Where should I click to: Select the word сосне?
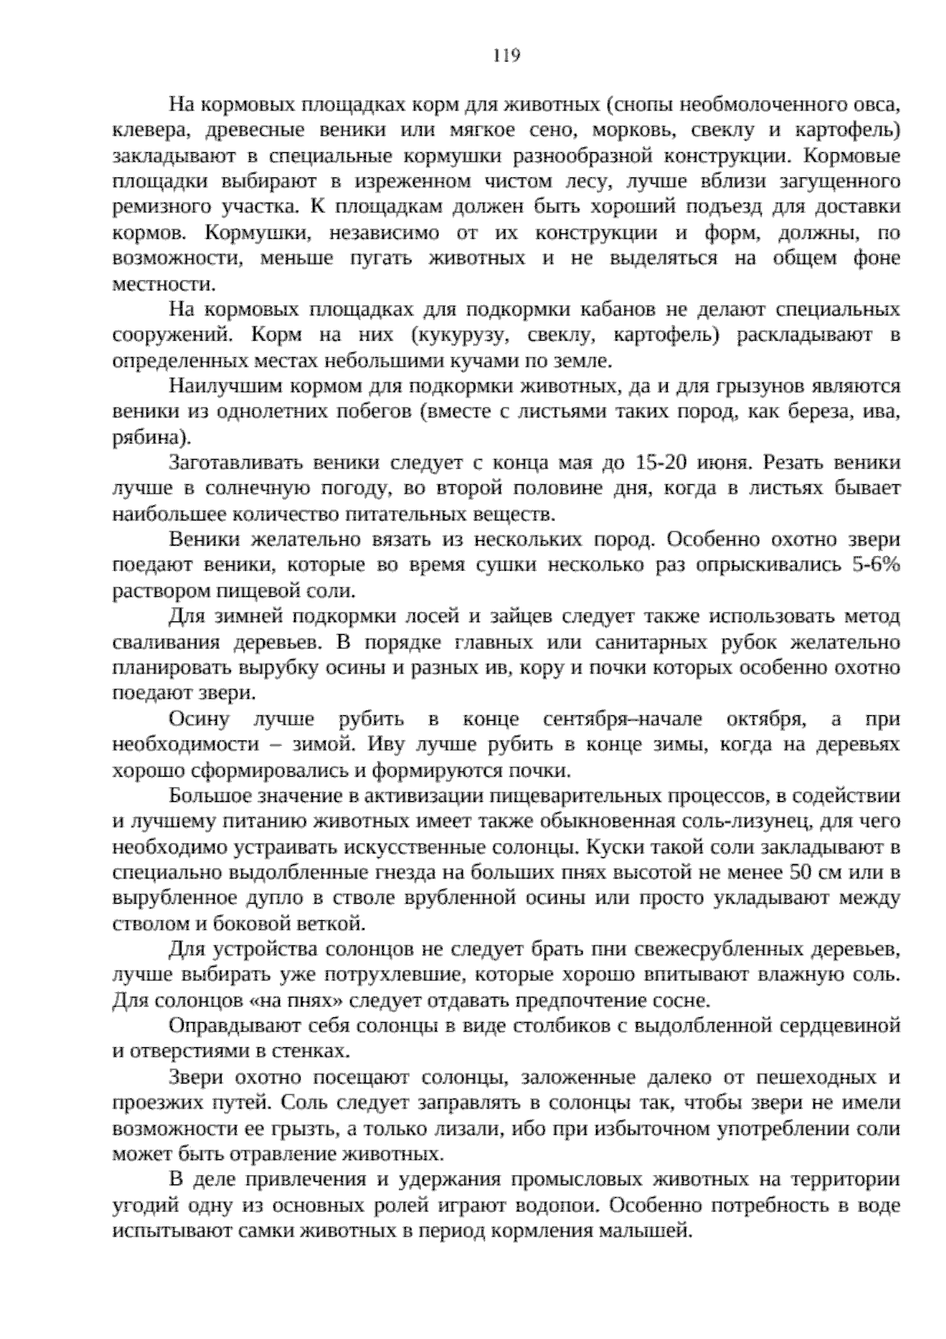tap(686, 1001)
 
